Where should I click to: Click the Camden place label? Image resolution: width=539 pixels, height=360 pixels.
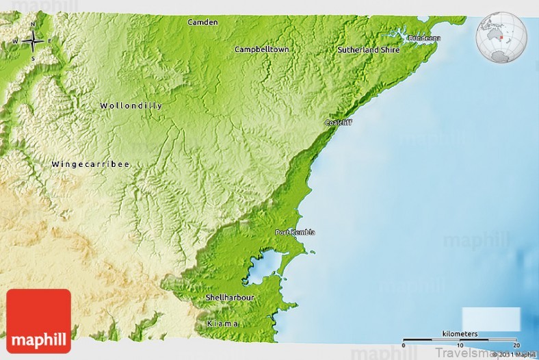[203, 22]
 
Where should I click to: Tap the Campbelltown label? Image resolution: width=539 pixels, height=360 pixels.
[261, 49]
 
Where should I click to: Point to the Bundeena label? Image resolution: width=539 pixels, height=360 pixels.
[424, 38]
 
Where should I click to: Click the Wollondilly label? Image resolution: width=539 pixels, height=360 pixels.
[131, 106]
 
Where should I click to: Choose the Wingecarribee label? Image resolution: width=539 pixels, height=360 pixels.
[90, 164]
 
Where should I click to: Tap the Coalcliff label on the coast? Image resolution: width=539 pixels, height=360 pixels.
[339, 123]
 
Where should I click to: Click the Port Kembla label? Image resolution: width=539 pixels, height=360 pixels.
[295, 233]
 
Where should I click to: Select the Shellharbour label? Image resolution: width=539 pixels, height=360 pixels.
[230, 298]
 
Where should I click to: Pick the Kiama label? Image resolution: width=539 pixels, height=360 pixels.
[223, 323]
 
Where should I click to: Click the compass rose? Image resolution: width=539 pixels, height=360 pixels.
[33, 41]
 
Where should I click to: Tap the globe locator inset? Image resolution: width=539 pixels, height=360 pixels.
[501, 37]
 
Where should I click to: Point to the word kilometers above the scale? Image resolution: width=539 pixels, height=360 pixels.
[460, 333]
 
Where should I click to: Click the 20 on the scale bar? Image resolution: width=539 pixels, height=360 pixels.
[516, 346]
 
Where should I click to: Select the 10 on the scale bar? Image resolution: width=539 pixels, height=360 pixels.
[460, 346]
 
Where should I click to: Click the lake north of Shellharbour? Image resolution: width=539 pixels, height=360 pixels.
[261, 268]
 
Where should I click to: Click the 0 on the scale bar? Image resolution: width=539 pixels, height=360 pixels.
[404, 346]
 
